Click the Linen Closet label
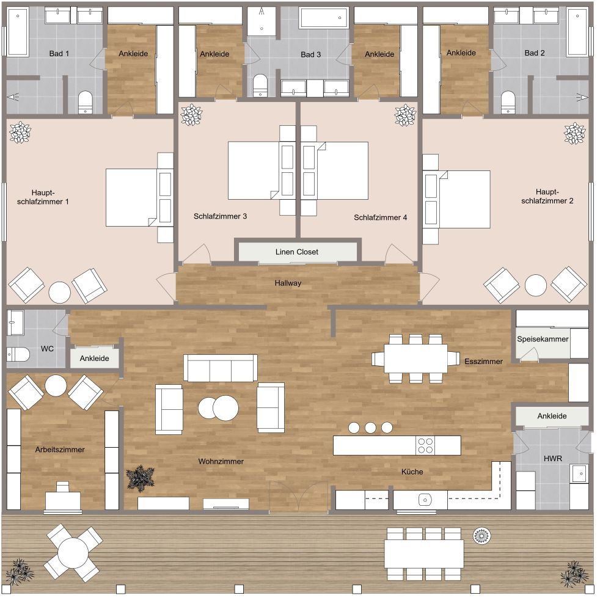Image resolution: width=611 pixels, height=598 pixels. [296, 252]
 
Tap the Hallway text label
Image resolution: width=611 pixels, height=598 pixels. [288, 283]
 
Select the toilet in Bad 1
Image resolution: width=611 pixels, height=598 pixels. [85, 102]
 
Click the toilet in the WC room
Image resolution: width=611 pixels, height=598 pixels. [18, 354]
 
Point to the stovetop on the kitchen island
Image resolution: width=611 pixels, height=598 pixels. [425, 445]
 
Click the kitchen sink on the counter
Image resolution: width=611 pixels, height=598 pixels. [425, 500]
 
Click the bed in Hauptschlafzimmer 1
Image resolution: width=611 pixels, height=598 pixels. [132, 197]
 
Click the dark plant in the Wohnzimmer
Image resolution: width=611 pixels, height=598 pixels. [140, 477]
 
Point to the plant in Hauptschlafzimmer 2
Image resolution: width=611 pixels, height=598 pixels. [575, 132]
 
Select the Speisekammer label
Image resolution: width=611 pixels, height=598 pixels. [543, 338]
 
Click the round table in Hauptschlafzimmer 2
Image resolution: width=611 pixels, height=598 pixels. [536, 285]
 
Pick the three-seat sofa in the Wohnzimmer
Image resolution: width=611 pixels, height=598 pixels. [220, 368]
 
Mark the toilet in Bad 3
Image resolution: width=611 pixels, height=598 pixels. [260, 86]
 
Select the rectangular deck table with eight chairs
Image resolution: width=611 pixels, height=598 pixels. [423, 553]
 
